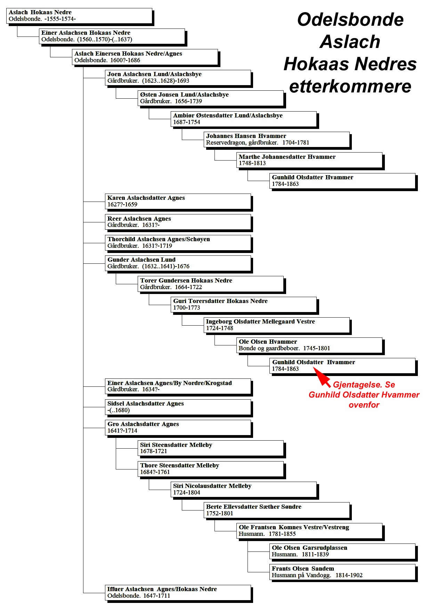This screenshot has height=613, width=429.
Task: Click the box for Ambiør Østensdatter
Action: point(245,120)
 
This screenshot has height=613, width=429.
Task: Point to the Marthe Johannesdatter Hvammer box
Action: point(310,161)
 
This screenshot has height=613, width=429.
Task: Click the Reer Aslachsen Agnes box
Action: point(179,223)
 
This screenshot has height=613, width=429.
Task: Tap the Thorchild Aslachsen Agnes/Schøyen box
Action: point(179,243)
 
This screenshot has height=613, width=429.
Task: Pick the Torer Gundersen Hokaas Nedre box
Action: point(212,285)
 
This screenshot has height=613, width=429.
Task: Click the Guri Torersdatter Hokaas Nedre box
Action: point(245,305)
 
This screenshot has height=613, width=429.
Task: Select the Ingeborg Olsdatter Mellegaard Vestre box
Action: point(277,326)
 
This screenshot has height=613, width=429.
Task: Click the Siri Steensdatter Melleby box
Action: point(212,449)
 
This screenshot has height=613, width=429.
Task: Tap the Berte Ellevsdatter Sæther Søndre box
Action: point(277,511)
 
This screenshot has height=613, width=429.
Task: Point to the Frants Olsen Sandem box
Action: point(343,573)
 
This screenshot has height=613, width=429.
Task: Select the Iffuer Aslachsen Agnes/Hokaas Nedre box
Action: point(179,593)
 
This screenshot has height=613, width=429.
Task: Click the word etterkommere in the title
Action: point(350,87)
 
